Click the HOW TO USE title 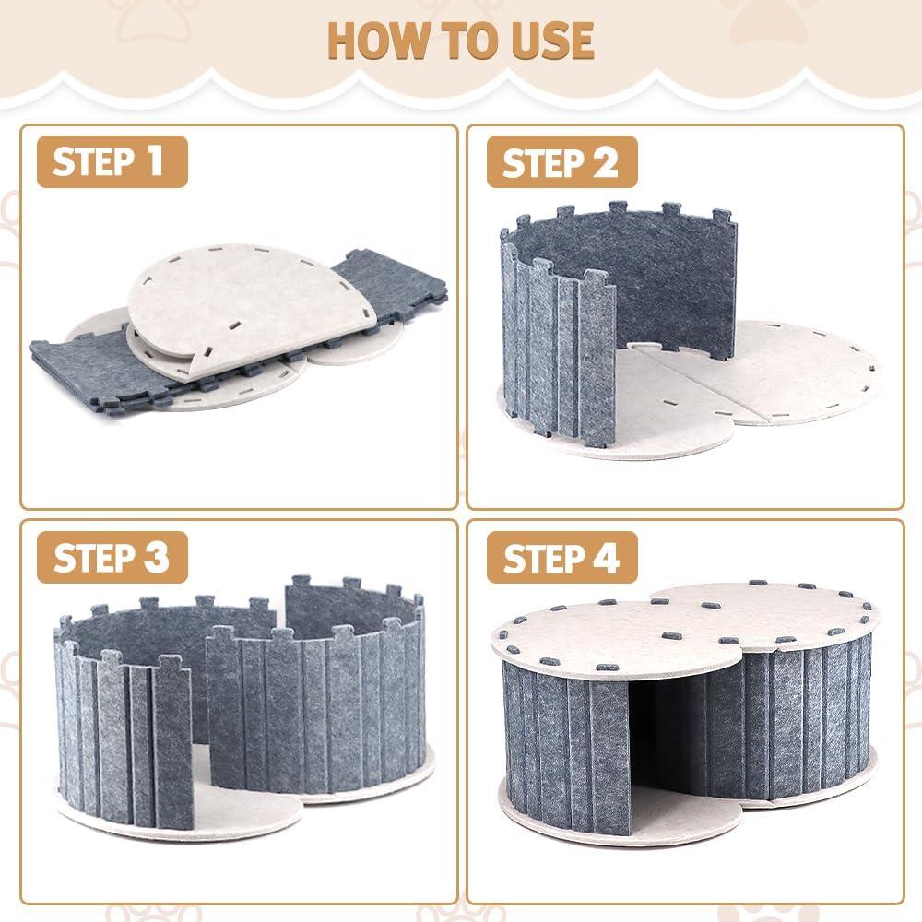(461, 40)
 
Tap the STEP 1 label (109, 161)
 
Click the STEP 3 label (111, 557)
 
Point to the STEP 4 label (561, 558)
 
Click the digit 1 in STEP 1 (153, 161)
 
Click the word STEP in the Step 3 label (89, 557)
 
